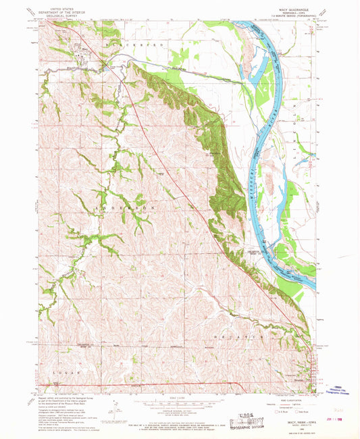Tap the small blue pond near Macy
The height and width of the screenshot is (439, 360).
coord(105,66)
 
